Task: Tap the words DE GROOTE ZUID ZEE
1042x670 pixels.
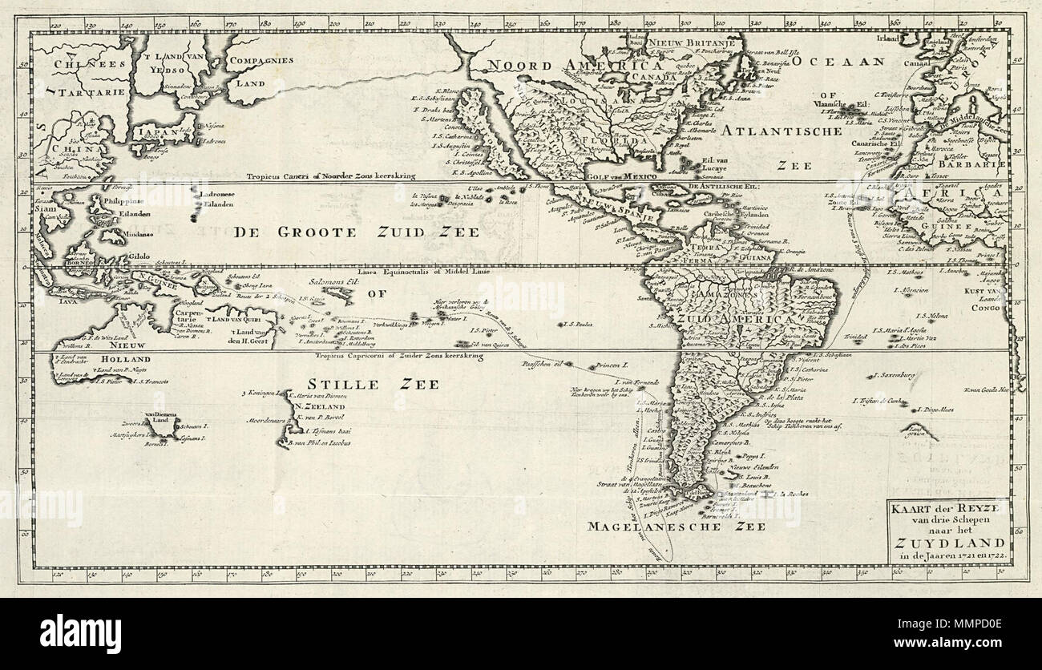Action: pos(356,233)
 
